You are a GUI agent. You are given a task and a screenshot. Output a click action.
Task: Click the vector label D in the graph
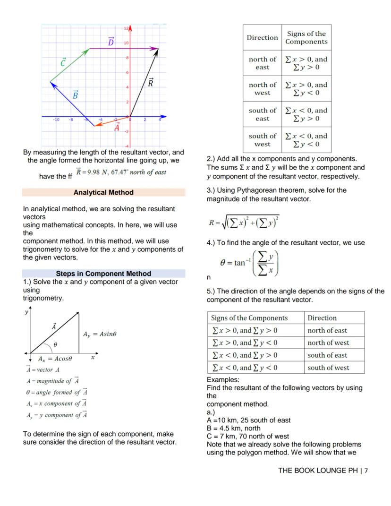tap(111, 43)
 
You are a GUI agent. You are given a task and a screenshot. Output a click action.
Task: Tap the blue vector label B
tap(75, 94)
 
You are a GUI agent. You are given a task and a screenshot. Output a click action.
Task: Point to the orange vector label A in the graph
tap(117, 127)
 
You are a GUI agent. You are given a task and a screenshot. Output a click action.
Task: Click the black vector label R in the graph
tap(151, 83)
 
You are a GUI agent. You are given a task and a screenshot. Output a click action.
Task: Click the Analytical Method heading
tap(103, 192)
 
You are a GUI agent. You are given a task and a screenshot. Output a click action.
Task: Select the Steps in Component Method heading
tap(103, 274)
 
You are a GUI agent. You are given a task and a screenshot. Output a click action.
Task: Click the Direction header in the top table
tap(262, 38)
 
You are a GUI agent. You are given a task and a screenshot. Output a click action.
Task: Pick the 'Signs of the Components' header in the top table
tap(306, 38)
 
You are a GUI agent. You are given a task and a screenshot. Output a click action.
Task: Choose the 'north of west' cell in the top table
tap(262, 89)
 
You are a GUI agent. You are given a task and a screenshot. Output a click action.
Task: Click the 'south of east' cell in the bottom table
tap(327, 355)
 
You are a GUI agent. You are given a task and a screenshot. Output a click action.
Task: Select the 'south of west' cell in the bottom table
tap(327, 368)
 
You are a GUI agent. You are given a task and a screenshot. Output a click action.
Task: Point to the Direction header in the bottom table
tap(322, 318)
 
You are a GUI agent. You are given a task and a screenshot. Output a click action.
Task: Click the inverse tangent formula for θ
tap(250, 263)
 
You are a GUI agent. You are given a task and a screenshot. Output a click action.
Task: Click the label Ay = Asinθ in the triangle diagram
tap(100, 334)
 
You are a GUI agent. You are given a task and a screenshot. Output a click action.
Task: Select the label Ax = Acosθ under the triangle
tap(55, 359)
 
